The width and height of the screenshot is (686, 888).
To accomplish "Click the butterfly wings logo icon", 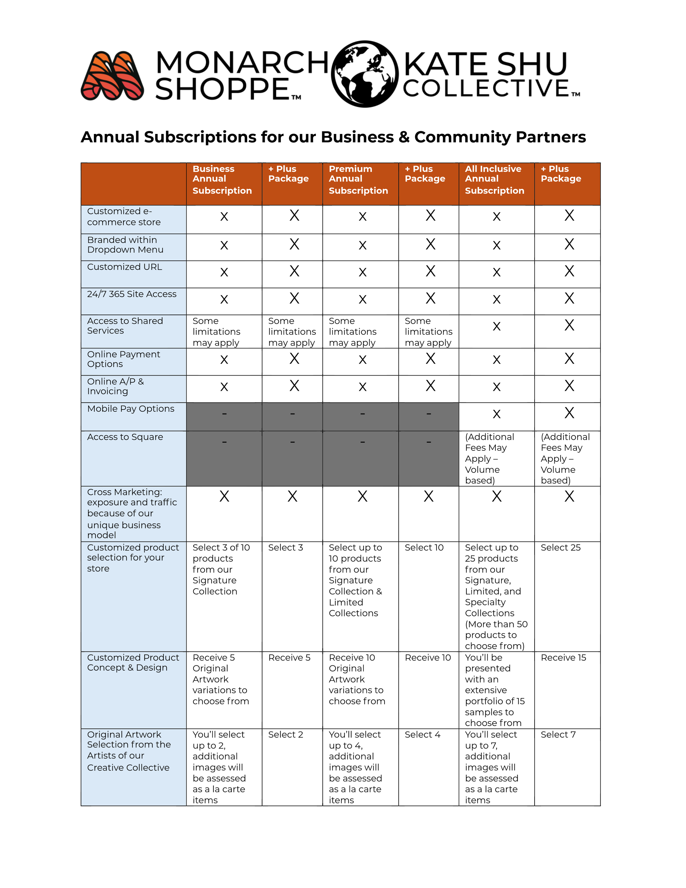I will tap(113, 76).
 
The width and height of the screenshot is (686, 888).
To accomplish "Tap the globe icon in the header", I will tap(364, 74).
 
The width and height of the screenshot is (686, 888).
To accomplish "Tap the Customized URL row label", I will tap(124, 267).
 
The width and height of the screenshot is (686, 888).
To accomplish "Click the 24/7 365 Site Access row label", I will tap(132, 294).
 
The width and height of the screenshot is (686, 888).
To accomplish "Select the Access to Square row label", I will tap(125, 437).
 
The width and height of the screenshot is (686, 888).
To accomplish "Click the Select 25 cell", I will tap(560, 548).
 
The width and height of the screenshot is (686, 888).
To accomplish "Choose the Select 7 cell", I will tap(558, 735).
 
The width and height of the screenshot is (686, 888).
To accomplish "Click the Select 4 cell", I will tap(422, 735).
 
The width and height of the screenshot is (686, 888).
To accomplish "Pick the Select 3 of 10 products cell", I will tap(221, 569).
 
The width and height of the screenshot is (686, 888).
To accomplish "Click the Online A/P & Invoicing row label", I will tap(116, 386).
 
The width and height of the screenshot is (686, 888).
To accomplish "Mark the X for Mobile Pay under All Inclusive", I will tap(496, 414).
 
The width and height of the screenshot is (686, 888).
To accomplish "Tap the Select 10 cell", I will tap(424, 548).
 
